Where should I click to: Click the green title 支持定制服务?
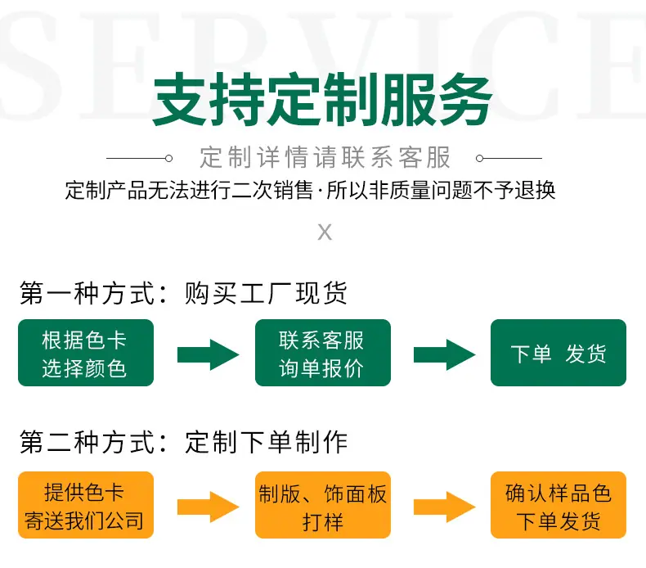coord(322,99)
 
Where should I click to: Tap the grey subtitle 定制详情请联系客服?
coord(325,158)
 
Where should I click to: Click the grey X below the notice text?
coord(325,232)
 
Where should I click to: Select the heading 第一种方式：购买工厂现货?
coord(183,293)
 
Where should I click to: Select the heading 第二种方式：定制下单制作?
coord(183,442)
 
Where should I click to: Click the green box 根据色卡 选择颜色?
coord(86,353)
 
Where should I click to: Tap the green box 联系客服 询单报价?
coord(322,353)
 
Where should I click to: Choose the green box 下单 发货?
coord(559,353)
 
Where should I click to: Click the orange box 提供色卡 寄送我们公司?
coord(86,505)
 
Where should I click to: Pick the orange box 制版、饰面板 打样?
coord(322,505)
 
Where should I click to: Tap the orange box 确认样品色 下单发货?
coord(559,505)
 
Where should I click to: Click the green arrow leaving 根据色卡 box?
coord(208,354)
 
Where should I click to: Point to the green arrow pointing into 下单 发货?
coord(445,354)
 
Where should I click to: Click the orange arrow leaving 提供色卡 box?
coord(208,507)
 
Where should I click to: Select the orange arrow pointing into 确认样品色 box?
coord(445,507)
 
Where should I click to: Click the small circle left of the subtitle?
coord(168,159)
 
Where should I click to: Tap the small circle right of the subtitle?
coord(479,159)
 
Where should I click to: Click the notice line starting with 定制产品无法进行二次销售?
coord(310,190)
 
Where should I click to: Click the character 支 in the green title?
coord(180,99)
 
